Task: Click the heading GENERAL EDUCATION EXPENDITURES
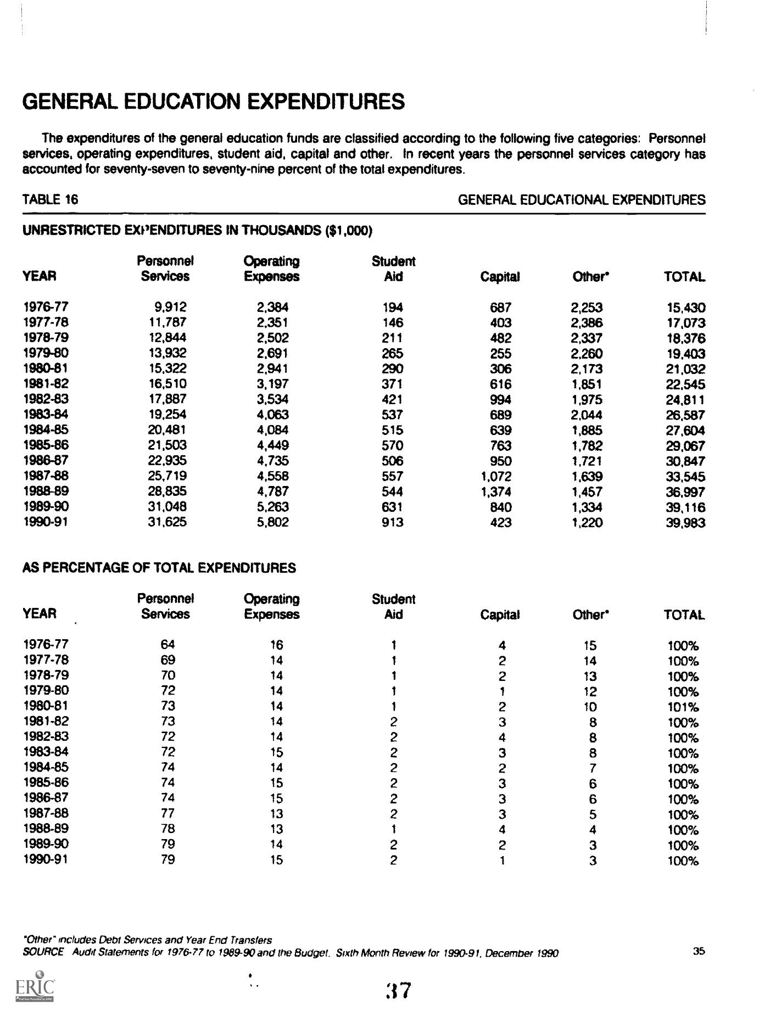coord(214,102)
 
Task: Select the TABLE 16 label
coord(50,200)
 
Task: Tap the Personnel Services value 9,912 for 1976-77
coord(171,308)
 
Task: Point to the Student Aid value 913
coord(392,523)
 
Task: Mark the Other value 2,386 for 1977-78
coord(587,323)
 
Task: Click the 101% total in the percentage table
coord(683,707)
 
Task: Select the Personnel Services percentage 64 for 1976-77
coord(168,645)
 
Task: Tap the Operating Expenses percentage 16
coord(276,645)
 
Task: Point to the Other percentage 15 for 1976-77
coord(590,646)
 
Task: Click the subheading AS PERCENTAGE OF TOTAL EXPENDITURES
coord(159,568)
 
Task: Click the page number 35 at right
coord(699,952)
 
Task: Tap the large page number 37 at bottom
coord(399,991)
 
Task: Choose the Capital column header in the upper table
coord(500,277)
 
